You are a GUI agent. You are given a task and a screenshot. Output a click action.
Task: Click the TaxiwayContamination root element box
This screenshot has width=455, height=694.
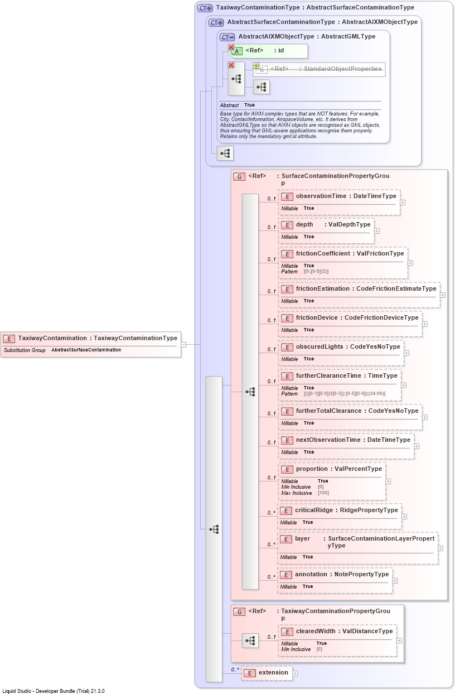point(91,344)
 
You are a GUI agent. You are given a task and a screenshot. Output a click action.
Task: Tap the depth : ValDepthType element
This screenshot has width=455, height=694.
point(333,224)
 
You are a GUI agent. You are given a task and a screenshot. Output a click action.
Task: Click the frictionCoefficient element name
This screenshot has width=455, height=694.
point(323,253)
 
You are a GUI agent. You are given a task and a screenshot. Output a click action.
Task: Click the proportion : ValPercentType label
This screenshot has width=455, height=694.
point(339,469)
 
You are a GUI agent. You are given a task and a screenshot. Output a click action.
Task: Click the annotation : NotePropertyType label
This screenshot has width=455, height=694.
point(342,574)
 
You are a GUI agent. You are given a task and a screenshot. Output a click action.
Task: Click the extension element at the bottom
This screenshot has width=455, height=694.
point(267,673)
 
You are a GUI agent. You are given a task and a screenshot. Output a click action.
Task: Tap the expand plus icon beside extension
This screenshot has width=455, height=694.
point(295,673)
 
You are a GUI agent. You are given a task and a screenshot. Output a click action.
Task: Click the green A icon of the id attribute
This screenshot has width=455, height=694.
point(237,51)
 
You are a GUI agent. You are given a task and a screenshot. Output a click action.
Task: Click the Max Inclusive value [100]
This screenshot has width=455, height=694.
point(323,493)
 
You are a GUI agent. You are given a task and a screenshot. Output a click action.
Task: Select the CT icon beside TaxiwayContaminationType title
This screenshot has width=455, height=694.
point(205,8)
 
